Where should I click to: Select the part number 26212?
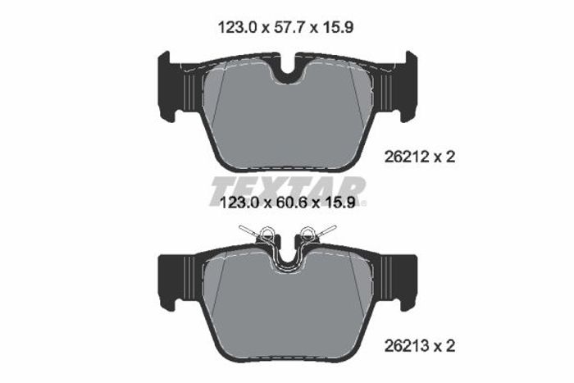407,157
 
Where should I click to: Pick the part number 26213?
407,345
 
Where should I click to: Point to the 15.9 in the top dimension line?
338,27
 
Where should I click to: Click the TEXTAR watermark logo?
288,191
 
